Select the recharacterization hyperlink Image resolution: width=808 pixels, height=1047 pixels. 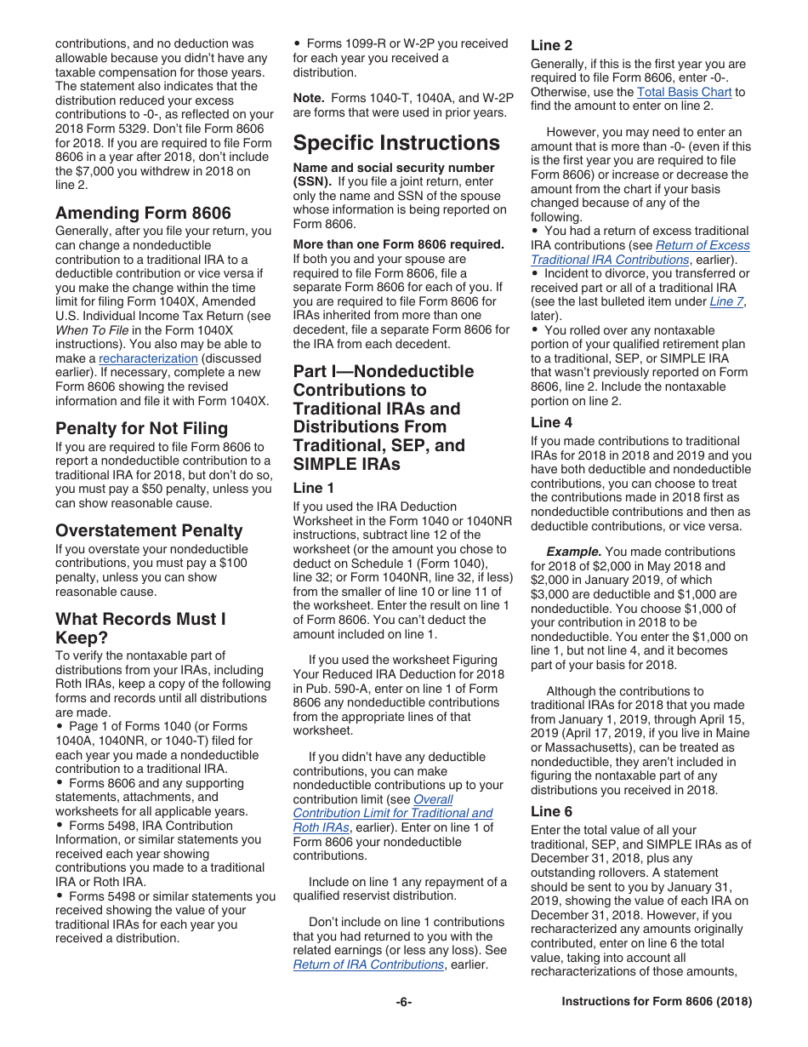tap(148, 358)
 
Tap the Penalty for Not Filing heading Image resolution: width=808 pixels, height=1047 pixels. tap(141, 428)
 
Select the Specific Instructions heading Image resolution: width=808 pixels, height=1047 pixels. tap(396, 142)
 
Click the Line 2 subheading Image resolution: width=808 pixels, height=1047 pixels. tap(551, 46)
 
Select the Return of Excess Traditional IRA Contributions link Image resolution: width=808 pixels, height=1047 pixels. tap(640, 253)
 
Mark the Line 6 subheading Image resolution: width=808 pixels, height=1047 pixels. tap(551, 811)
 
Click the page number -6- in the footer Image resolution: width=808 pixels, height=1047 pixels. tap(403, 1002)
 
